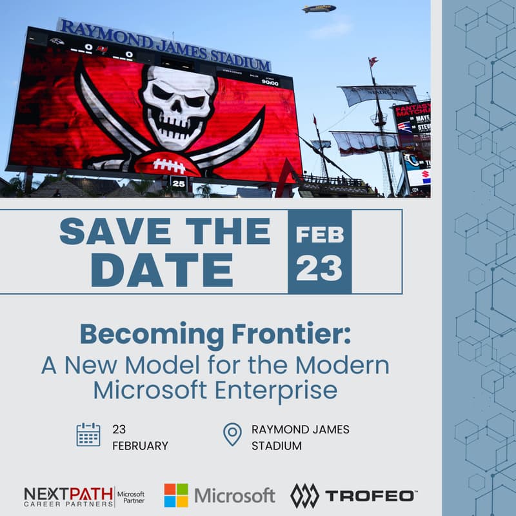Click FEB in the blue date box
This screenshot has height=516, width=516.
(319, 235)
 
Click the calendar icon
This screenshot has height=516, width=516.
(88, 435)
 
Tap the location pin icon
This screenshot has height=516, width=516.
(232, 435)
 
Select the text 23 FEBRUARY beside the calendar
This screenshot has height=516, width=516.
(139, 437)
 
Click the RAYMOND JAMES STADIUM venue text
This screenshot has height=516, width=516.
(300, 437)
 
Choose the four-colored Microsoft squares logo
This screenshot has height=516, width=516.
(176, 495)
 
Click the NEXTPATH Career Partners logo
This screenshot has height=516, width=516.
(68, 495)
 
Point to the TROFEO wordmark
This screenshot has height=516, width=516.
(370, 495)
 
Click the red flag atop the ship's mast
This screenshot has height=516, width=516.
(373, 61)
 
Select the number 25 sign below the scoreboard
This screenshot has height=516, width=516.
(178, 184)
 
